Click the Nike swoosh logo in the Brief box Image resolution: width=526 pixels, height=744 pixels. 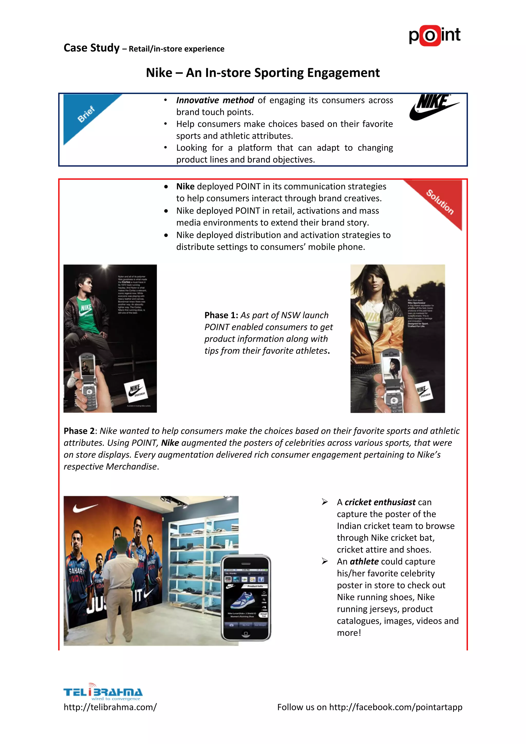pos(433,107)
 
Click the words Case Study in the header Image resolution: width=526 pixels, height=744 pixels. pos(92,48)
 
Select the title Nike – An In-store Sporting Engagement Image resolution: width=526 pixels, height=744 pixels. pos(263,73)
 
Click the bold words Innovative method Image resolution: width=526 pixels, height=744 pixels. pos(215,100)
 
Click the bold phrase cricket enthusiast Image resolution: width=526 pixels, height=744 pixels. pos(380,502)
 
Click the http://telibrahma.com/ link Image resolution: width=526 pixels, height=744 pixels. pos(110,707)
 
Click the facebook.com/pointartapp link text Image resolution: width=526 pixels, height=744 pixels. pos(396,707)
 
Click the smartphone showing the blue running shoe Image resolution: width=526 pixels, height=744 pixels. pos(246,598)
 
